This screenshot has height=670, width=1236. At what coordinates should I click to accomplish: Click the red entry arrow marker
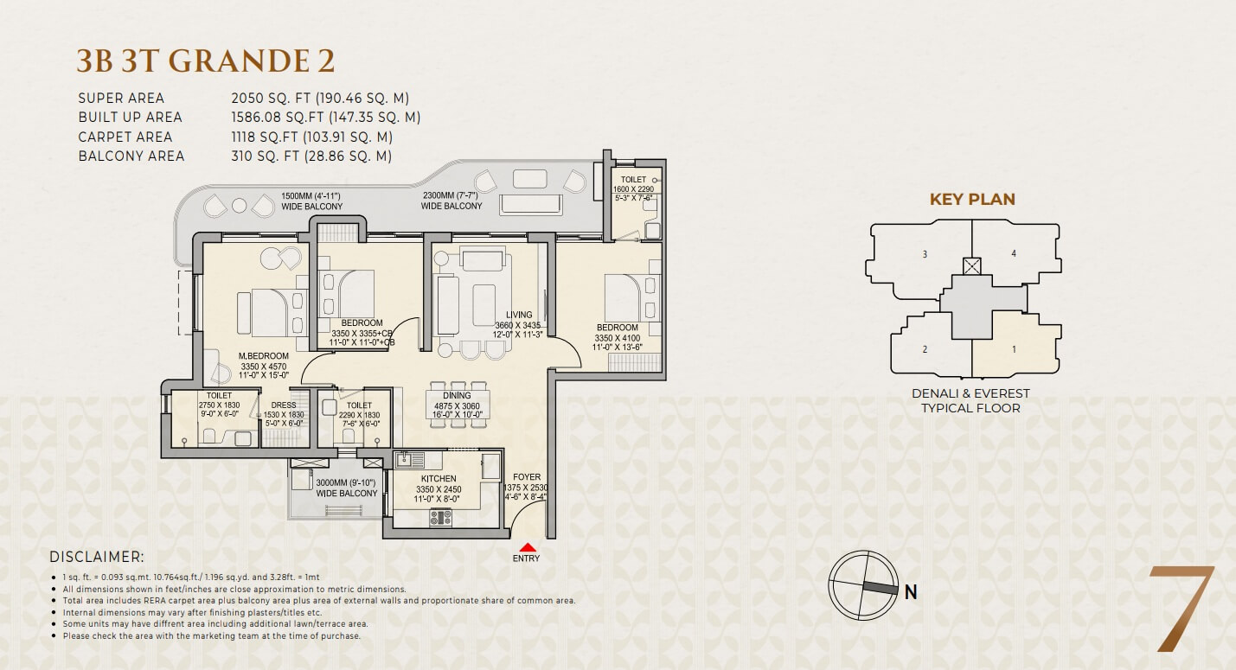click(528, 547)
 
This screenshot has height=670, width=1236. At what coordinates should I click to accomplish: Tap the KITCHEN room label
click(439, 479)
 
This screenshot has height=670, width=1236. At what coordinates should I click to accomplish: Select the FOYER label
click(527, 477)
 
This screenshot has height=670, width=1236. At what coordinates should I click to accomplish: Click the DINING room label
click(457, 395)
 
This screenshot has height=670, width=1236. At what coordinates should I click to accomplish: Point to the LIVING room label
click(519, 315)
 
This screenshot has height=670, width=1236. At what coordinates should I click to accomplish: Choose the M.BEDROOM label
click(264, 356)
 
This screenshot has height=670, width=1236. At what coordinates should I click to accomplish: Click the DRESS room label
click(284, 405)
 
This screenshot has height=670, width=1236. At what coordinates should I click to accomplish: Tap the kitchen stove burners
click(440, 518)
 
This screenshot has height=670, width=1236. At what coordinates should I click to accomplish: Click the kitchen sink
click(409, 459)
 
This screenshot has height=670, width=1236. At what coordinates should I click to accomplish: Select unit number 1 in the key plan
click(1014, 349)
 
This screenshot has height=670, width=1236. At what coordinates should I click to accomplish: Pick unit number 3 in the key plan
click(925, 254)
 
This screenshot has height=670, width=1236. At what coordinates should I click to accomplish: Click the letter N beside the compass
click(911, 592)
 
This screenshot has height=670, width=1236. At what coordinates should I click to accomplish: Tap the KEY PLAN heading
click(972, 199)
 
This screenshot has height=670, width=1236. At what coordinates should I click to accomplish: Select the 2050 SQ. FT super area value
click(272, 99)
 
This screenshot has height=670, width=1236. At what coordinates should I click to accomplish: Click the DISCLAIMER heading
click(97, 557)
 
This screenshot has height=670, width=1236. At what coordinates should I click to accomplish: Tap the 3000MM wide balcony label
click(346, 488)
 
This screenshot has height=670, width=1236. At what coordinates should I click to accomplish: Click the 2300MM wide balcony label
click(451, 201)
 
